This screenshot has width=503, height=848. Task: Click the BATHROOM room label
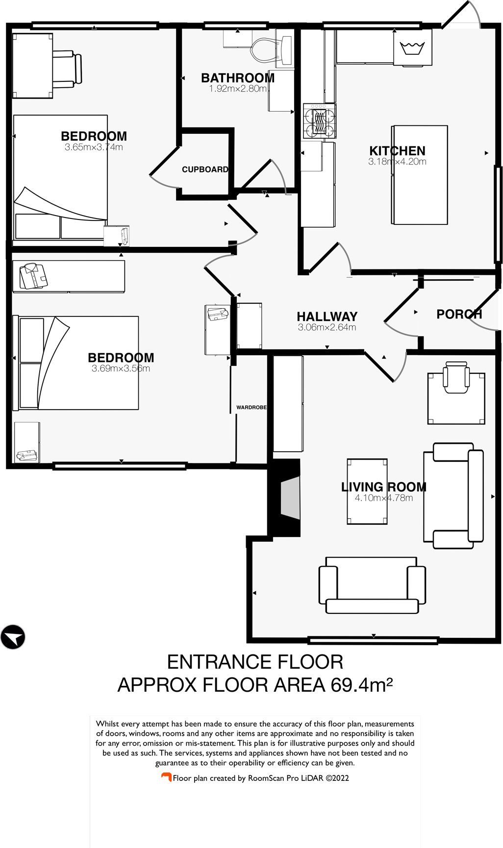(238, 78)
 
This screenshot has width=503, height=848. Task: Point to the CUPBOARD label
(205, 170)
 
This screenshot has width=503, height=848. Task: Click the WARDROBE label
(251, 408)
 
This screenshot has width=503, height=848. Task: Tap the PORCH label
(459, 314)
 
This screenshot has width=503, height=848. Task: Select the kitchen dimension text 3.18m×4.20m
(397, 162)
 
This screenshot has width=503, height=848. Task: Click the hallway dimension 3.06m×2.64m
(327, 328)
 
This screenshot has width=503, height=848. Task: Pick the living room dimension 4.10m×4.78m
(383, 498)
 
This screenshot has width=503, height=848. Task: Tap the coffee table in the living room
(367, 491)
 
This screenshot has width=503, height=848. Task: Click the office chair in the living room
(455, 377)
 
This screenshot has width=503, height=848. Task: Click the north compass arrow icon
(13, 637)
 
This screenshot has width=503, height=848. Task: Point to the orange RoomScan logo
(167, 777)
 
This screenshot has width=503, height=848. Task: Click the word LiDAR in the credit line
(312, 778)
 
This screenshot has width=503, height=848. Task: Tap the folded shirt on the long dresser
(32, 276)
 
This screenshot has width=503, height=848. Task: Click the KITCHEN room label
(397, 151)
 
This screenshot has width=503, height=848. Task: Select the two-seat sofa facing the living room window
(372, 585)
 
